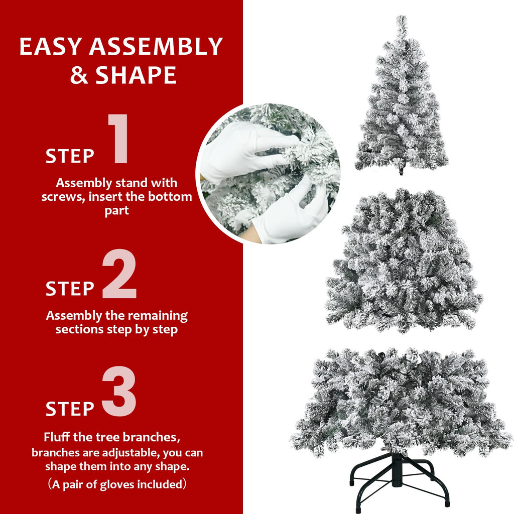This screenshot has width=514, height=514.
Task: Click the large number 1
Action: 119,139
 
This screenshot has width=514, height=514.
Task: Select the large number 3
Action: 119,392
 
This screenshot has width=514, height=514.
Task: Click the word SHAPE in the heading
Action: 136,75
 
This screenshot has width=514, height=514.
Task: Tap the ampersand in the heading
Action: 79,75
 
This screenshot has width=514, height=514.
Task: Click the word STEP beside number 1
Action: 70,156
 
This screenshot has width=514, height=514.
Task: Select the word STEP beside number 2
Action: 70,289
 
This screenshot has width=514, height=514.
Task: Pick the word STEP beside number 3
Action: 70,409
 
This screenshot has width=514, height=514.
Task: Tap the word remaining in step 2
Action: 158,316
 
